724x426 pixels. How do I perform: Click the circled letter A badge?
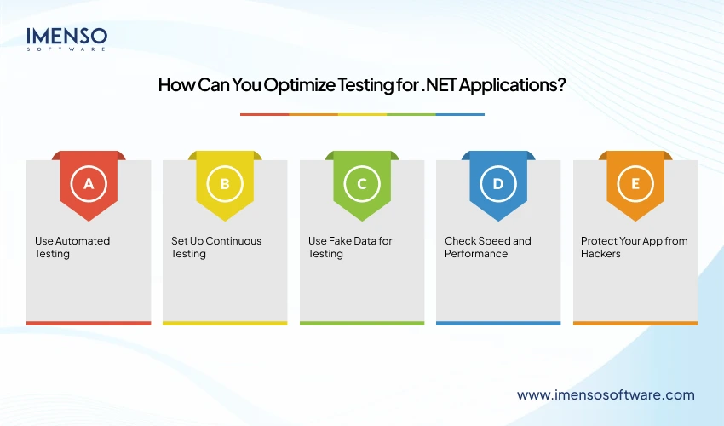pyautogui.click(x=89, y=183)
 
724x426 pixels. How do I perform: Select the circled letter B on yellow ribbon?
pyautogui.click(x=225, y=183)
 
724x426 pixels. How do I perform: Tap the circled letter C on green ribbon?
pyautogui.click(x=362, y=183)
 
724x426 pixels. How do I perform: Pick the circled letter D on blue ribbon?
pyautogui.click(x=498, y=183)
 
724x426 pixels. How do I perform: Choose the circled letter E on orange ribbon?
pyautogui.click(x=635, y=183)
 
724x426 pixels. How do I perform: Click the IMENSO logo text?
pyautogui.click(x=67, y=37)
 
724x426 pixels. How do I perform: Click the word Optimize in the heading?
pyautogui.click(x=290, y=86)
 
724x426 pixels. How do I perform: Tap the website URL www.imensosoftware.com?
pyautogui.click(x=606, y=394)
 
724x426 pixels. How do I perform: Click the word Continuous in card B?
pyautogui.click(x=233, y=241)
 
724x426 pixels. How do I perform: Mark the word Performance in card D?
pyautogui.click(x=476, y=254)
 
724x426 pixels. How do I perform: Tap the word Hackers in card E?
pyautogui.click(x=601, y=254)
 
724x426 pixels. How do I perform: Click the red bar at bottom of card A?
pyautogui.click(x=89, y=323)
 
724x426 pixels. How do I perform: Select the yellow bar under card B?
pyautogui.click(x=225, y=323)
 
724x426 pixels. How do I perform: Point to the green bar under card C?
pyautogui.click(x=362, y=323)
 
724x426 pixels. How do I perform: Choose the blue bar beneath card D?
pyautogui.click(x=498, y=323)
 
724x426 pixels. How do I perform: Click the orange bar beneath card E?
pyautogui.click(x=635, y=323)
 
